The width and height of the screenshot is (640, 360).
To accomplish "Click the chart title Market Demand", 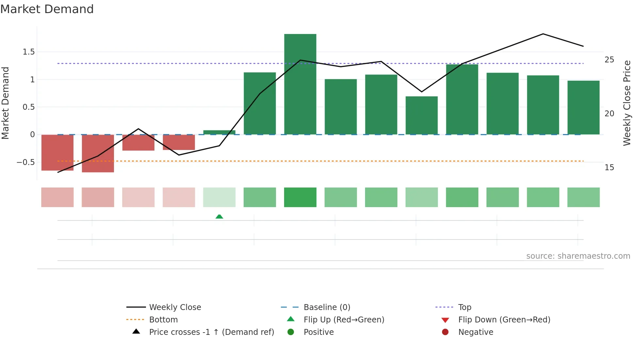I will click(47, 9).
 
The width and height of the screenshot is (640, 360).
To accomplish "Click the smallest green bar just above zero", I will click(219, 132).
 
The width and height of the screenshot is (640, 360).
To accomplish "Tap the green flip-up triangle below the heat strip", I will click(219, 216).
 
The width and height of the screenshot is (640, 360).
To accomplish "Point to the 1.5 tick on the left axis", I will click(28, 52).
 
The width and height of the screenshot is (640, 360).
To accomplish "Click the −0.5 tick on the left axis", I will click(26, 162).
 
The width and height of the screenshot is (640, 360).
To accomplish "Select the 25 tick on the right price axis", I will click(609, 60).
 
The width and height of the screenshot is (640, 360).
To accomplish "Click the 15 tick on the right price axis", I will click(609, 168).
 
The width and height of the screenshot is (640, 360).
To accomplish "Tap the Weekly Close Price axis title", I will click(627, 103).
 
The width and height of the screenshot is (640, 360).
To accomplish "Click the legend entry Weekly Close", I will click(175, 307).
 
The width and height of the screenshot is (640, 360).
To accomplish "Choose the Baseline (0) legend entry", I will click(327, 307).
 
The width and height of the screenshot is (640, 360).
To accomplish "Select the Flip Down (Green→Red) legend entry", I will click(504, 319).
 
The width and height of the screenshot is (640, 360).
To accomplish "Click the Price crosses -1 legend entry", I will click(211, 332).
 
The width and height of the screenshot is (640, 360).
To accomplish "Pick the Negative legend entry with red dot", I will click(475, 332).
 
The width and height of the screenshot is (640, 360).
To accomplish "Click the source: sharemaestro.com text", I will click(578, 256).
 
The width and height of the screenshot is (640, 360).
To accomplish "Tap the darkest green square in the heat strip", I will click(300, 197).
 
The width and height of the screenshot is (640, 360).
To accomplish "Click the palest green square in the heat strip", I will click(219, 197).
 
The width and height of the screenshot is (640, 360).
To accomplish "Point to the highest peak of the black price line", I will click(543, 34).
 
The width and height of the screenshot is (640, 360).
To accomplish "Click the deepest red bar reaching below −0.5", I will click(98, 153).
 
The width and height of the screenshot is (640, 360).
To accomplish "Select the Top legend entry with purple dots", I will click(464, 307).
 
